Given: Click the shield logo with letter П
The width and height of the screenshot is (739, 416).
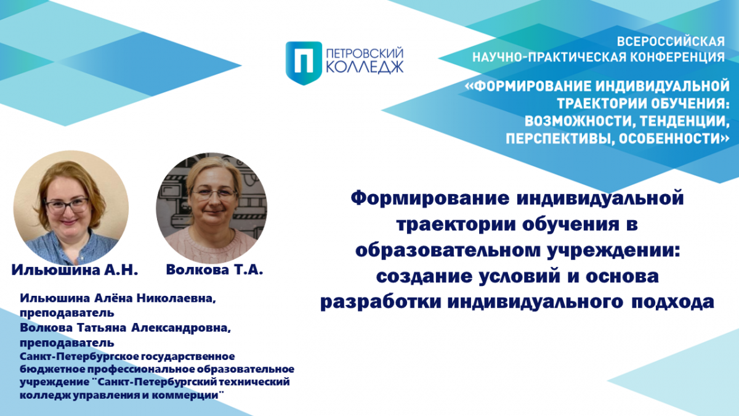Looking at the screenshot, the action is pos(304,63).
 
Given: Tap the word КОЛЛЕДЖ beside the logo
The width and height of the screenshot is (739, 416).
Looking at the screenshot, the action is pos(365,67).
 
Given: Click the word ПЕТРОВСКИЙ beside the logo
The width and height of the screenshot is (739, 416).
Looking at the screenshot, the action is pos(365,54).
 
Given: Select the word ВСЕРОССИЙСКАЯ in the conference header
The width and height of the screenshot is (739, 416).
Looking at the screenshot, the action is pos(671,42).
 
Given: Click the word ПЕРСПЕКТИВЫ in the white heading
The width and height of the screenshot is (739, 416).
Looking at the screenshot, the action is pos(559,138).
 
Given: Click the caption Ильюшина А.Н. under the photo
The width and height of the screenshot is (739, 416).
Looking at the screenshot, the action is pos(75,270).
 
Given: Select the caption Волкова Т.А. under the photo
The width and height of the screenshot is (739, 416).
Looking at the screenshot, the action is pos(214,270).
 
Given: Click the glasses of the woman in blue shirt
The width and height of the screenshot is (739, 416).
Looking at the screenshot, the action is pos(67,205).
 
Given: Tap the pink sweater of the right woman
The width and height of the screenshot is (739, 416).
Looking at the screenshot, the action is pos(211,246).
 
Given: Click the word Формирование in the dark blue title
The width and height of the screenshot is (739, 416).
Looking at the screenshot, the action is pos(430,199).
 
